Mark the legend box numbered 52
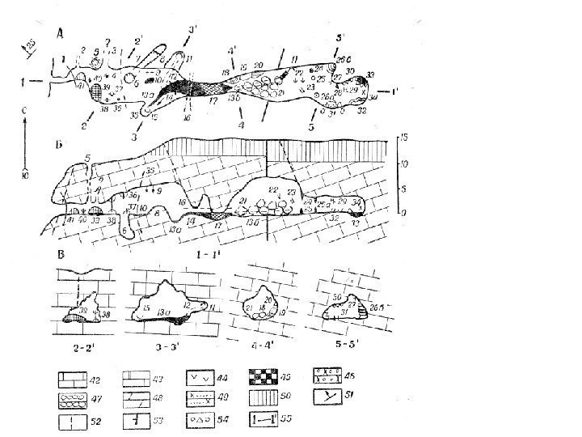click(70, 420)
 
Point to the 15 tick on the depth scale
click(404, 138)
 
